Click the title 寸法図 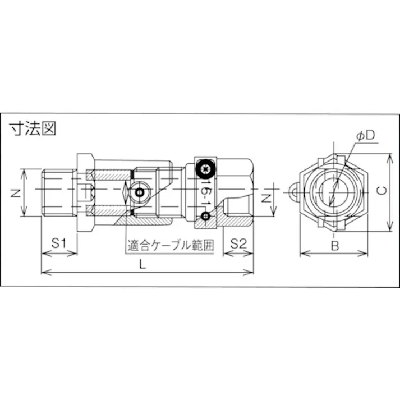[x=33, y=128]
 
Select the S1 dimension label [x=59, y=243]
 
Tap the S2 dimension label [x=238, y=243]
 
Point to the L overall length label [x=143, y=265]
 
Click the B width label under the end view [x=334, y=245]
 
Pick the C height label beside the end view [x=380, y=191]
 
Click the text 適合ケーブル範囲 [x=170, y=245]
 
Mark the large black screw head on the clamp [x=205, y=167]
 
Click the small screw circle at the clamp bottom [x=206, y=216]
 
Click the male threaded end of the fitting [x=59, y=192]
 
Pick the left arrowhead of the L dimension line [x=44, y=273]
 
